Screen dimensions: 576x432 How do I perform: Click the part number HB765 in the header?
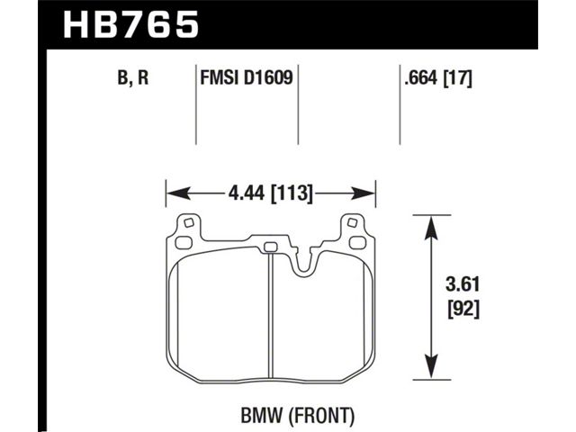tap(131, 24)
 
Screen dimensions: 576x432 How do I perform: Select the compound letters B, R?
tap(133, 78)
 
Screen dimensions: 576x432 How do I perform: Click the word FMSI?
tap(218, 78)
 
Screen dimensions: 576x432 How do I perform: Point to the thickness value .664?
tap(421, 78)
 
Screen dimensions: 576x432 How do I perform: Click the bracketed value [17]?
tap(458, 78)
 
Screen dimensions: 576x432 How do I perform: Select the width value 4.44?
tap(247, 193)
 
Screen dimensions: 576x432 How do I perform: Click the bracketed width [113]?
tap(292, 193)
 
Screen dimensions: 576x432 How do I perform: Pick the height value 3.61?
tap(463, 284)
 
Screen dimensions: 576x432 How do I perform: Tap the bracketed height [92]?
tap(463, 310)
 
